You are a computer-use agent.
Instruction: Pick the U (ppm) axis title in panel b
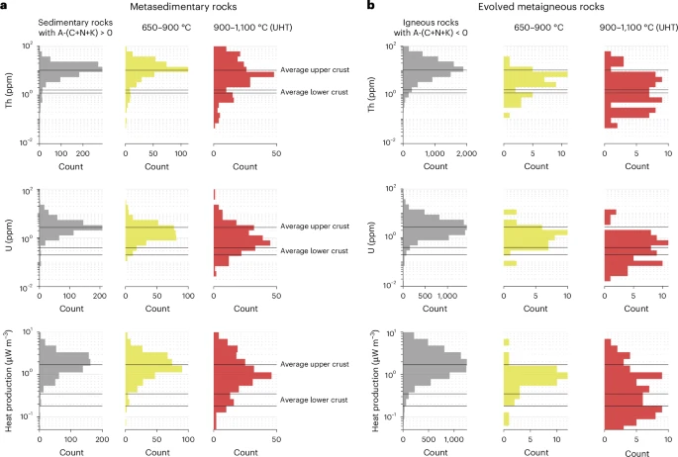tap(374, 236)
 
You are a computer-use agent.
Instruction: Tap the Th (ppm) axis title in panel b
tap(374, 95)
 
